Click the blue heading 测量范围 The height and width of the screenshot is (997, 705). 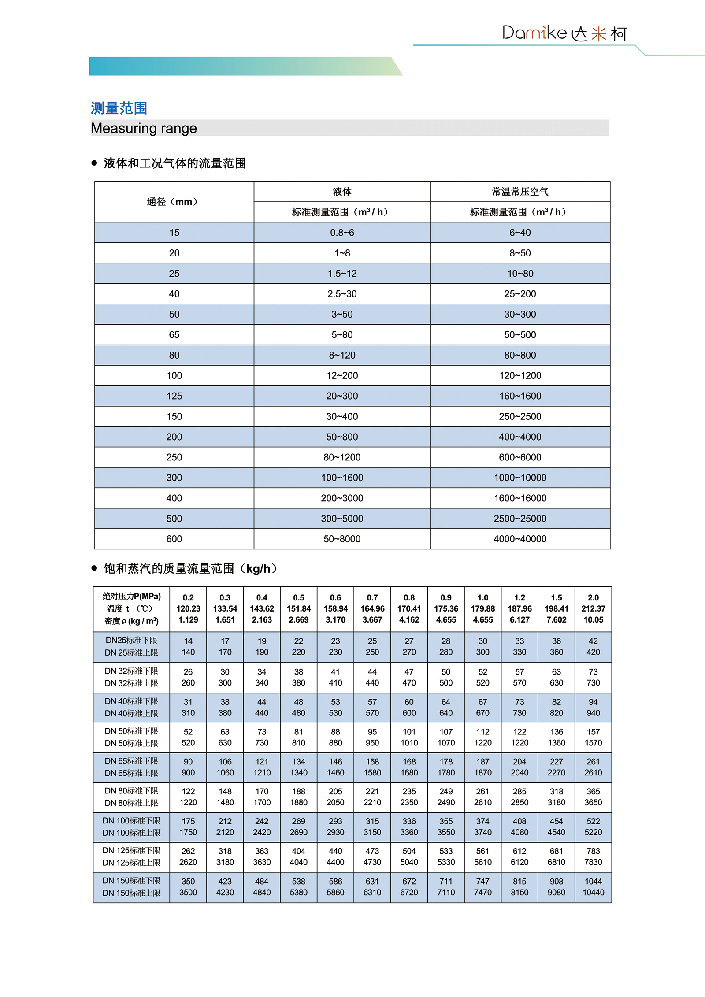tap(119, 108)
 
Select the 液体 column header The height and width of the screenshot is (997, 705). tap(342, 192)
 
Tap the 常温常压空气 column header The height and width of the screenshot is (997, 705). tap(520, 192)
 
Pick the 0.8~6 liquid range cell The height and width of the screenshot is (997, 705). tap(342, 233)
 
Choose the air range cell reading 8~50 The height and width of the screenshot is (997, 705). tap(520, 253)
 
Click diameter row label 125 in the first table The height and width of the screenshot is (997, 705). tap(174, 396)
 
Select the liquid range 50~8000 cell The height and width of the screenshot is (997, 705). tap(342, 539)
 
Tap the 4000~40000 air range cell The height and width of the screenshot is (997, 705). tap(520, 539)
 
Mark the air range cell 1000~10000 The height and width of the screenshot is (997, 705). tap(520, 478)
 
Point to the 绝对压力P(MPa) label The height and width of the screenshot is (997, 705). tap(131, 597)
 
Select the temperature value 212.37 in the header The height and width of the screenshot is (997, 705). tap(593, 608)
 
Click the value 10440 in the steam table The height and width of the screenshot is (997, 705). tap(593, 892)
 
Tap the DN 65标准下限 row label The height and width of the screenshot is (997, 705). tap(131, 761)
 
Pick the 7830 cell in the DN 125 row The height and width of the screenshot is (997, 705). tap(593, 862)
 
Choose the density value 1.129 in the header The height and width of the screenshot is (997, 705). tap(188, 619)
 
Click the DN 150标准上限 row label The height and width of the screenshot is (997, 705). tap(131, 893)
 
